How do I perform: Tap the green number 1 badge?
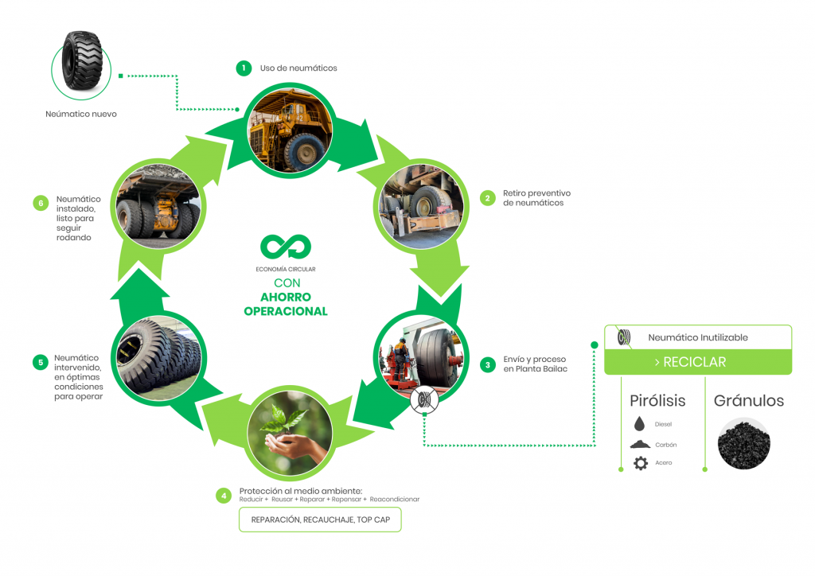244,68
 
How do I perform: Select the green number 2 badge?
486,198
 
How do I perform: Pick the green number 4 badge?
224,495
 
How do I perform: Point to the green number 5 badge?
40,363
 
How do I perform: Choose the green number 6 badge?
40,203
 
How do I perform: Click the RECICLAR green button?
697,362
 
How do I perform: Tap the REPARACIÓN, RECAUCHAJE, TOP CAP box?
320,520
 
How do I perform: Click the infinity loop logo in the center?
285,247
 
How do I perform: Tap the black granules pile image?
743,444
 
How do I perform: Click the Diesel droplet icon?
641,424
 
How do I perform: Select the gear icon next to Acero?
641,463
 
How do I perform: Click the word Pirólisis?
657,400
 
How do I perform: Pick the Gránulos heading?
748,400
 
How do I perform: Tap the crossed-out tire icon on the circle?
423,401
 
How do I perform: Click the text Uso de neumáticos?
298,68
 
